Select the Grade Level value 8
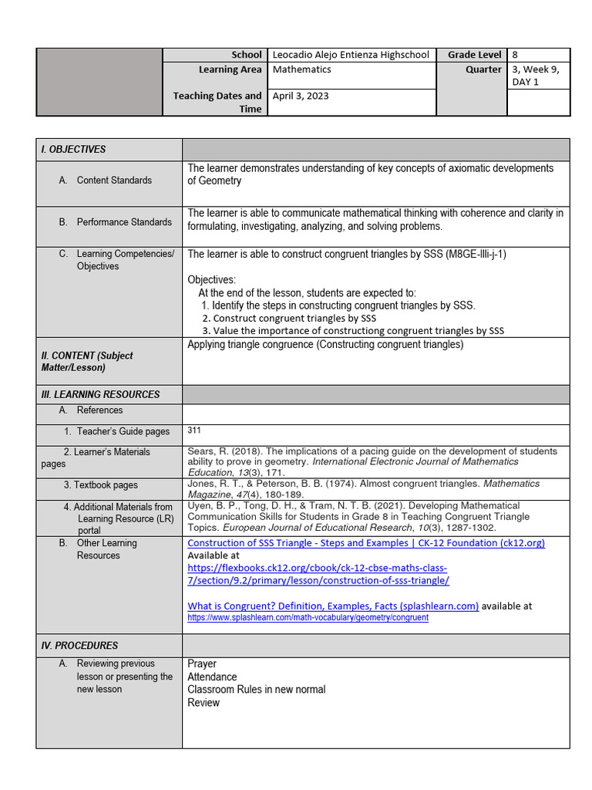[515, 55]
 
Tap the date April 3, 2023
[300, 96]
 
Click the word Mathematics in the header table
[301, 69]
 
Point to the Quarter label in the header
[483, 69]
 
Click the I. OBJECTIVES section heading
[73, 149]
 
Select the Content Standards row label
[114, 181]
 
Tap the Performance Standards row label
[124, 222]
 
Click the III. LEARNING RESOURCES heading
[100, 394]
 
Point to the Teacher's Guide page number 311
[195, 430]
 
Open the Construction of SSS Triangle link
[366, 543]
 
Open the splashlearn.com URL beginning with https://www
[308, 618]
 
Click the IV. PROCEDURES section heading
[79, 646]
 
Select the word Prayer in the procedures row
[202, 663]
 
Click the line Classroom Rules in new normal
[257, 690]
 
